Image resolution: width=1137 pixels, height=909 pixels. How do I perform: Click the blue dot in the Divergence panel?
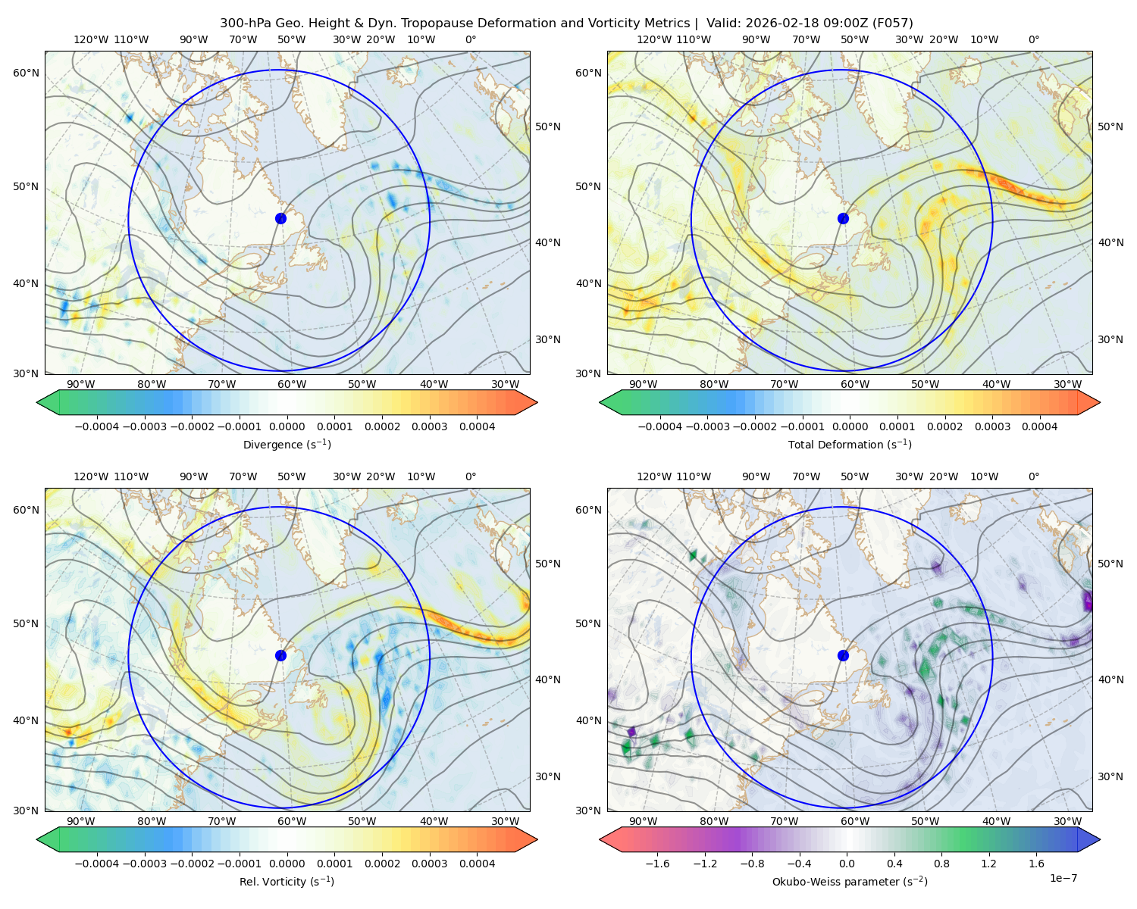coord(280,219)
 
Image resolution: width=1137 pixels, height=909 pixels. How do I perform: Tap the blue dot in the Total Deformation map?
coord(843,219)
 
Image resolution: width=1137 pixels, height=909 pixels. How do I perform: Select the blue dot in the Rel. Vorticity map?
coord(280,655)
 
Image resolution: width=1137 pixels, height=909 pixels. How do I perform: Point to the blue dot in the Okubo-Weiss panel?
coord(843,655)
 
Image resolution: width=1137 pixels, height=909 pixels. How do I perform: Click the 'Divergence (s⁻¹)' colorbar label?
coord(287,444)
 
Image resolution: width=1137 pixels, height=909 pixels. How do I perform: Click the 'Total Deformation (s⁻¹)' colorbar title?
coord(850,444)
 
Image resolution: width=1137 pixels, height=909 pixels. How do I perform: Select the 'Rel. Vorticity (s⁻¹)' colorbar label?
coord(287,882)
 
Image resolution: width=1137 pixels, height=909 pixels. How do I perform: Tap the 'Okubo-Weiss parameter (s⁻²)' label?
coord(850,882)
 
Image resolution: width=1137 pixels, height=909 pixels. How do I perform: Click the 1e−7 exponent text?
coord(1063,878)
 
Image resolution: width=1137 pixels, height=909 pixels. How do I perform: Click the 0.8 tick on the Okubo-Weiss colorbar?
coord(941,864)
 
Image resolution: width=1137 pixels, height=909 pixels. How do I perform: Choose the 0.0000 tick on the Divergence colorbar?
coord(287,426)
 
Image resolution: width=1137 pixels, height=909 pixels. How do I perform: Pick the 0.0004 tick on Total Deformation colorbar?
coord(1040,426)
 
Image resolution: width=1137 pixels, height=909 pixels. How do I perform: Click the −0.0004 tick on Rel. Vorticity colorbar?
coord(97,864)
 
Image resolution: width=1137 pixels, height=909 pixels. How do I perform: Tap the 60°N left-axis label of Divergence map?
coord(26,73)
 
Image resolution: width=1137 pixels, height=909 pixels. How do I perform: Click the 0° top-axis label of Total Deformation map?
coord(1034,39)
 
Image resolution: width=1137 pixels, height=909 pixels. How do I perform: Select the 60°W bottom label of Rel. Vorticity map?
coord(292,821)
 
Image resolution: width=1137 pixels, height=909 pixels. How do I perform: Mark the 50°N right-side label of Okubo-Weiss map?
coord(1110,564)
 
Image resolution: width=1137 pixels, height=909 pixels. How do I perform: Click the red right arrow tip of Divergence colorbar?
coord(537,402)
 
